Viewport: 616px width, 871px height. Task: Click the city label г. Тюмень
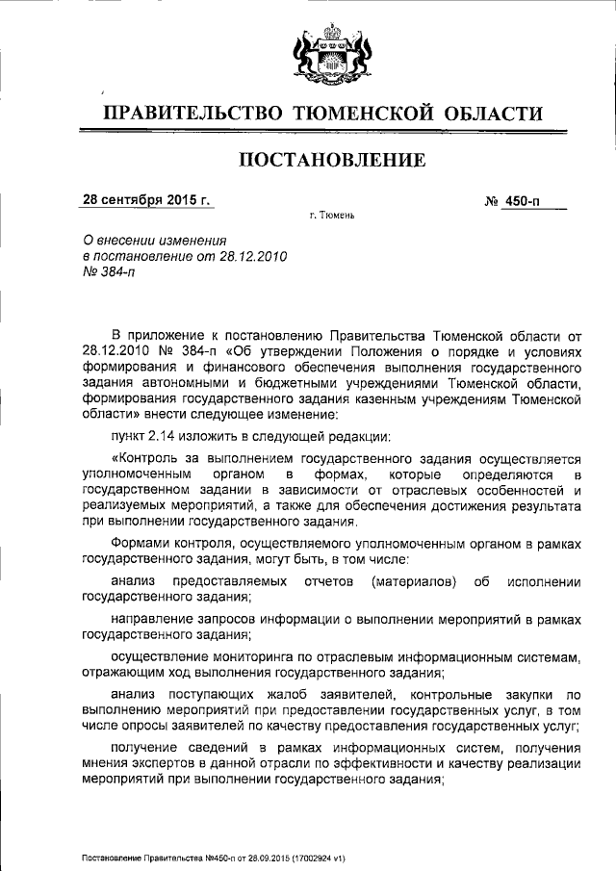(332, 216)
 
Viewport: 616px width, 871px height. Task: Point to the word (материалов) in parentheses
(412, 582)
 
